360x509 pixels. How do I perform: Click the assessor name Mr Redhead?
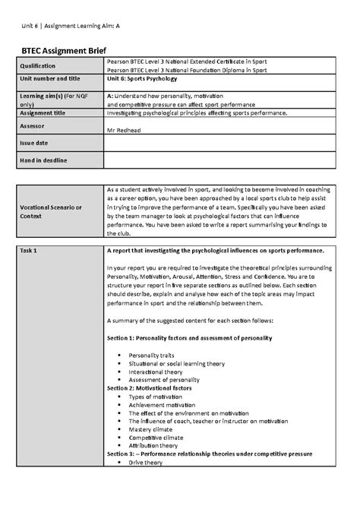(126, 130)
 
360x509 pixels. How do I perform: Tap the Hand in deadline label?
(43, 160)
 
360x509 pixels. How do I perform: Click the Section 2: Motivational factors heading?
(150, 387)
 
